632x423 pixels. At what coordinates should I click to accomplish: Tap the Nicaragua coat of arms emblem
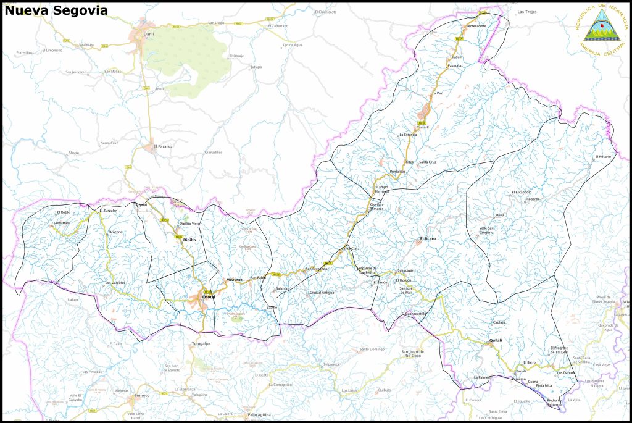coord(597,29)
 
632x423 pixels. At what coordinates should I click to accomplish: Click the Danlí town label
coord(149,35)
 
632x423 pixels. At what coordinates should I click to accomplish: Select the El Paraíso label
coord(162,146)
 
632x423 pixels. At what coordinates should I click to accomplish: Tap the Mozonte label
coord(235,280)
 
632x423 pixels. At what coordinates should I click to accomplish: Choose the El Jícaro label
coord(428,238)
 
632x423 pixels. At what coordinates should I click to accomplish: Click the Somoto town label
coord(142,395)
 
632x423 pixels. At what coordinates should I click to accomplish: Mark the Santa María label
coord(62,223)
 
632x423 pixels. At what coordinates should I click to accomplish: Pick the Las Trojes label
coord(528,12)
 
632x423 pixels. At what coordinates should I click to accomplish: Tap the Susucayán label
coord(405,270)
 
